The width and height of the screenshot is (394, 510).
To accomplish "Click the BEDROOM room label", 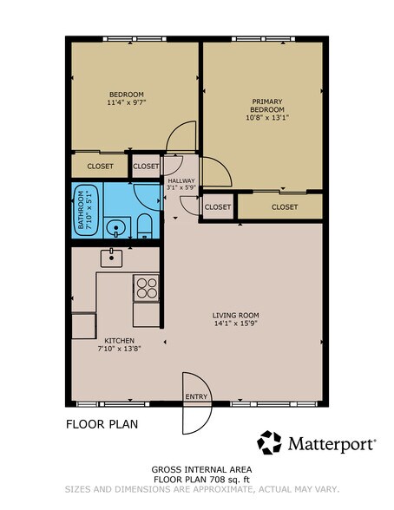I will (x=126, y=94).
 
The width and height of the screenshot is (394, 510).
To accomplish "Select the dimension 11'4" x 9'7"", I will (x=126, y=103).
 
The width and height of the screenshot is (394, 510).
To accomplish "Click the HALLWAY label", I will (x=181, y=180).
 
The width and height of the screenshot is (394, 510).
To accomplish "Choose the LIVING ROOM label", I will (x=236, y=315).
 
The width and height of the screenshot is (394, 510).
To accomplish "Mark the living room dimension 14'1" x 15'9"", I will (x=236, y=324).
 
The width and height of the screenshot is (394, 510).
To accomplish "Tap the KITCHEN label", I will (x=119, y=340).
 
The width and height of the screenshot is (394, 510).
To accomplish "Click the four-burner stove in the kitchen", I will (x=145, y=286).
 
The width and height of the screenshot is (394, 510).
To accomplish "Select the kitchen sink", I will (x=111, y=257).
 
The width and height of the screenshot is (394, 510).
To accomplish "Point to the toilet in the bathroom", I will (x=145, y=227).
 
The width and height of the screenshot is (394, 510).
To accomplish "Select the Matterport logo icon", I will (x=270, y=442).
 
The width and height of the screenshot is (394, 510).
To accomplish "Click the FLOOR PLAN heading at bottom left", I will (x=102, y=425).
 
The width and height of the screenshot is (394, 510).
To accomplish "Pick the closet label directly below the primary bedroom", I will (x=284, y=206).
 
